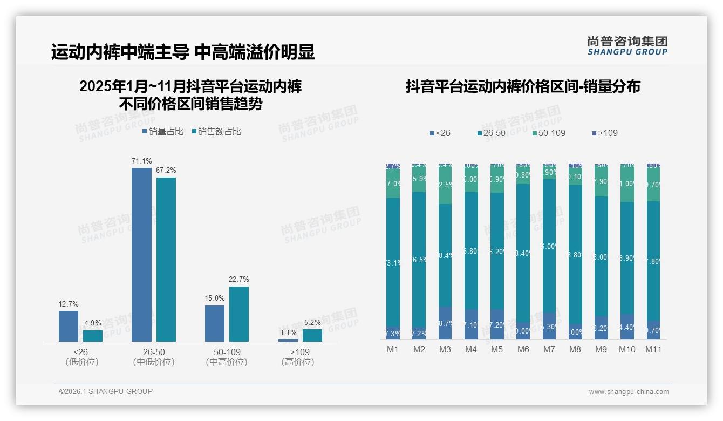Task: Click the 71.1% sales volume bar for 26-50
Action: tap(141, 254)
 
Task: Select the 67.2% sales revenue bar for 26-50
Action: tap(166, 259)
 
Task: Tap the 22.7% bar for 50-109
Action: tap(239, 314)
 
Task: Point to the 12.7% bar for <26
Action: tap(69, 326)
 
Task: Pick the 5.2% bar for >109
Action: tap(312, 335)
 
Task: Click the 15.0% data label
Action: tap(215, 298)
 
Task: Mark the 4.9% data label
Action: tap(93, 323)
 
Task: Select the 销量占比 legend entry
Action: tap(163, 131)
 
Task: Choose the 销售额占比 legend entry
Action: tap(216, 131)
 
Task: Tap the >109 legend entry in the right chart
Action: tap(605, 133)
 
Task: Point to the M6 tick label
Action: tap(523, 349)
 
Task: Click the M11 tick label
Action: tap(653, 349)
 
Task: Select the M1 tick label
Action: tap(393, 349)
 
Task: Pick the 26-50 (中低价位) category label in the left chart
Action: tap(154, 357)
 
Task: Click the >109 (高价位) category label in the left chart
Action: tap(297, 357)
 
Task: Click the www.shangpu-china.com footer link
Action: tap(629, 392)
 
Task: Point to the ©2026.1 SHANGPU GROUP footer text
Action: tap(106, 391)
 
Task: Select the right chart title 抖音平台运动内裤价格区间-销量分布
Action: tap(522, 86)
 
